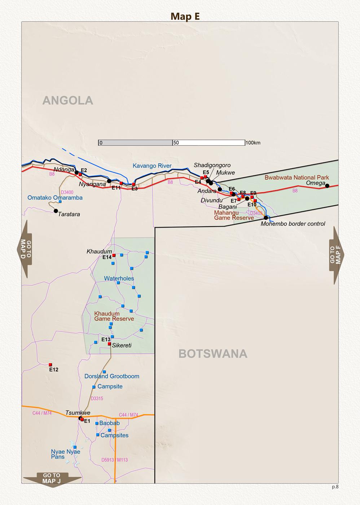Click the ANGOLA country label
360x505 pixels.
[68, 100]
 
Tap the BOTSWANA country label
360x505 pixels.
[213, 354]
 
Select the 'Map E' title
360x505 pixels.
[185, 17]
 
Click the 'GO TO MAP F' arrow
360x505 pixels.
[336, 255]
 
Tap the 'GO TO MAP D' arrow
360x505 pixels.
[25, 249]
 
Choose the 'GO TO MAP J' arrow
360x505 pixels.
[52, 479]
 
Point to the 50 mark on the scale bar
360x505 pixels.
[176, 143]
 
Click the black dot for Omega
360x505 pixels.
[327, 186]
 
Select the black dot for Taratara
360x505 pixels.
[56, 211]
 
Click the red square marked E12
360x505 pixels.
[51, 365]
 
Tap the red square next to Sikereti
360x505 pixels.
[110, 344]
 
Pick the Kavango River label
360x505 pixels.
[152, 166]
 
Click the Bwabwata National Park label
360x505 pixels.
[297, 177]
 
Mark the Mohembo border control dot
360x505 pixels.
[266, 218]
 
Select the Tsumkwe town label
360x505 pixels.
[78, 413]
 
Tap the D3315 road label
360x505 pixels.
[97, 399]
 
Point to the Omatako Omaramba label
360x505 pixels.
[55, 198]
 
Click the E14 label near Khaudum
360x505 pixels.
[107, 258]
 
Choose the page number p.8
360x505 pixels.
[335, 487]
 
